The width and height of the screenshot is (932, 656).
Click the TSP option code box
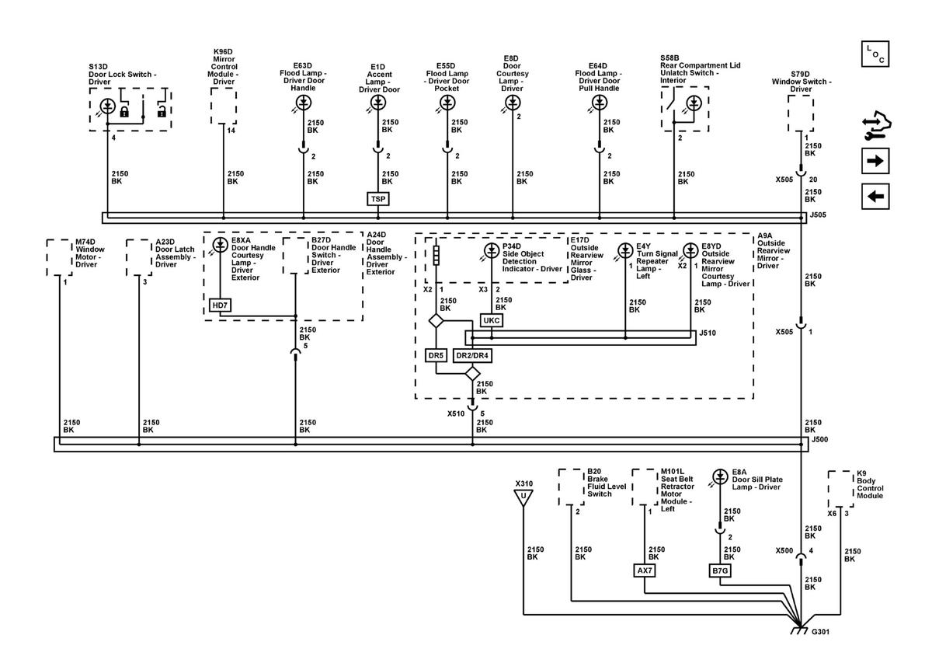click(x=377, y=199)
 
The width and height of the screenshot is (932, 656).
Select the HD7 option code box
click(x=220, y=305)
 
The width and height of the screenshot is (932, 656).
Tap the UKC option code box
click(x=492, y=320)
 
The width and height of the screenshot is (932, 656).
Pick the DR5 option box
click(x=436, y=355)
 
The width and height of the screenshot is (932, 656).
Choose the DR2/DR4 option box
click(x=472, y=355)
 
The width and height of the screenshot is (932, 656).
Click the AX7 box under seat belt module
click(x=645, y=571)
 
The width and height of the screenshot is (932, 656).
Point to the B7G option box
click(x=720, y=571)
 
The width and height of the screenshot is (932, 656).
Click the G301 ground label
click(x=820, y=632)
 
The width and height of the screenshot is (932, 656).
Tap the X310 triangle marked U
click(x=523, y=497)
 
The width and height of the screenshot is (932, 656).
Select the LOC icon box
click(x=875, y=54)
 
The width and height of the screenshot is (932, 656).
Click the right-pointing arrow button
click(x=875, y=161)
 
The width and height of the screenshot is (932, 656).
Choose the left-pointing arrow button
click(x=875, y=196)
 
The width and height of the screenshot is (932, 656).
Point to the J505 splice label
click(x=818, y=215)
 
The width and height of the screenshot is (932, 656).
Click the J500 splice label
click(x=819, y=439)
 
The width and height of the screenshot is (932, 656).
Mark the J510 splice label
click(x=708, y=333)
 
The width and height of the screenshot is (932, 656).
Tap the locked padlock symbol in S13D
click(x=124, y=112)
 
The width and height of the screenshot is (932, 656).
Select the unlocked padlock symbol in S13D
click(x=162, y=112)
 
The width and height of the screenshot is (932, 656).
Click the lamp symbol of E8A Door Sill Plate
click(x=720, y=477)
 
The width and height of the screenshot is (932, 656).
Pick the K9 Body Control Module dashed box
click(x=841, y=489)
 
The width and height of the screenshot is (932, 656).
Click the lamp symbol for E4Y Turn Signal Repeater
click(x=625, y=250)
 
